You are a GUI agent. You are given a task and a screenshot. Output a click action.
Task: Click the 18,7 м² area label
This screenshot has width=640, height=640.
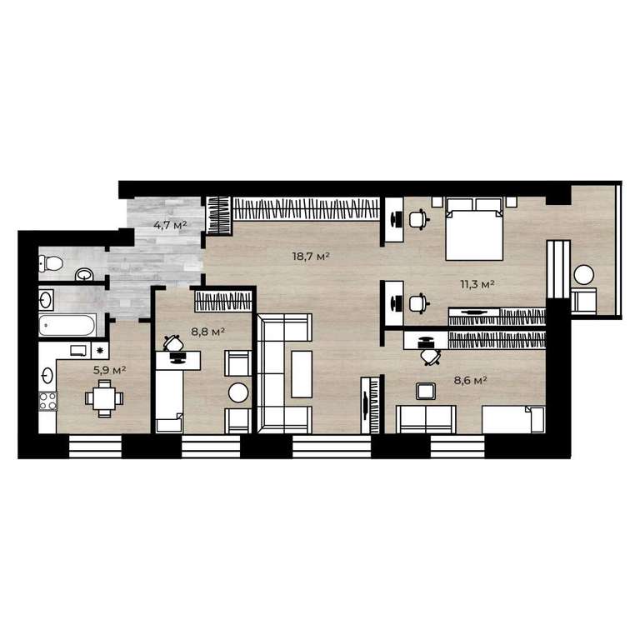[311, 257]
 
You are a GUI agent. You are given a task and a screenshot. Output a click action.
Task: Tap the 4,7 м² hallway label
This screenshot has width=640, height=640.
[170, 224]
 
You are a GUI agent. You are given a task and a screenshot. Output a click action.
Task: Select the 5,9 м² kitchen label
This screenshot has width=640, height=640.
[109, 370]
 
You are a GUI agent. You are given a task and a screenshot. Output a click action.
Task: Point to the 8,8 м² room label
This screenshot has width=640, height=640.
[207, 332]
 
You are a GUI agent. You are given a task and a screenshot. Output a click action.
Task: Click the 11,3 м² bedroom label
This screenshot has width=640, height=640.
[477, 284]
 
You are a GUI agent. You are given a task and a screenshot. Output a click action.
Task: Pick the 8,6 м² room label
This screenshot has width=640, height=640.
[471, 380]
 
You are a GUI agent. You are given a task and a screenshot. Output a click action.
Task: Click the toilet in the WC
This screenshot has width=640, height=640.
[51, 263]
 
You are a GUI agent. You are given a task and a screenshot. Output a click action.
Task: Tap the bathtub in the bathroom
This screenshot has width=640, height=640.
[67, 325]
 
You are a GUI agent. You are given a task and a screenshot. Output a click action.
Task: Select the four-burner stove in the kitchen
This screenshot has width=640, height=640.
[47, 401]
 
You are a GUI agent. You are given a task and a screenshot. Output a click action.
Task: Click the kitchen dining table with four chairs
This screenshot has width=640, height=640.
[104, 398]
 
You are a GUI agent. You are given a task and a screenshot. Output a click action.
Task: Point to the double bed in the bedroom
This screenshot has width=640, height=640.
[474, 229]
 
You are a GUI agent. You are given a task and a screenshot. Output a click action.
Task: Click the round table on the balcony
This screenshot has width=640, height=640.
[583, 275]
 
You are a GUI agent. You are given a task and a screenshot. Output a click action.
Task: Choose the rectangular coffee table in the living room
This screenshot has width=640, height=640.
[302, 374]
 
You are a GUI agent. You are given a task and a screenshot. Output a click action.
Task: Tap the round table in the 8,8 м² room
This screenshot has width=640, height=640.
[238, 392]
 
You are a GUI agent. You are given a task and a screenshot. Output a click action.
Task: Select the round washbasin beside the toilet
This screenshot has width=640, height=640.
[84, 275]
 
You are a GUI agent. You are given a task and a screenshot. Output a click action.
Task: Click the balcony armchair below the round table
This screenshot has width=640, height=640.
[583, 301]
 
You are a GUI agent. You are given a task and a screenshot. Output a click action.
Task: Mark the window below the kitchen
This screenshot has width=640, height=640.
[95, 446]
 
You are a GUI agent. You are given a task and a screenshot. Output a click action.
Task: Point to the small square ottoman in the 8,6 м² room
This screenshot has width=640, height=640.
[426, 391]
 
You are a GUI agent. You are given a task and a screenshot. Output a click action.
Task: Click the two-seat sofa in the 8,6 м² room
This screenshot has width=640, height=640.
[426, 419]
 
